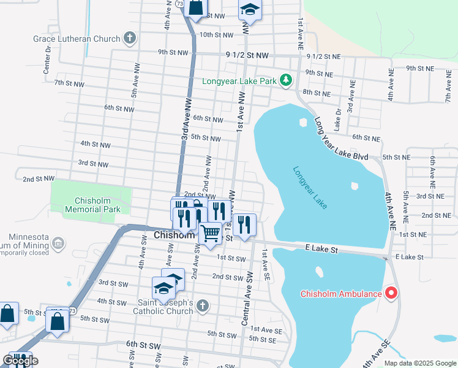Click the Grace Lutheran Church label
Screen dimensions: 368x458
point(77,39)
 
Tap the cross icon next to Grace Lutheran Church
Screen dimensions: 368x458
point(129,39)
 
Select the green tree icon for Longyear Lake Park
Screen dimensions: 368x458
point(285,80)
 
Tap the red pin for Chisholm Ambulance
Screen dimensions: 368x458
point(391,293)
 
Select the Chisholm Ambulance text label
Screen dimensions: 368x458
point(340,294)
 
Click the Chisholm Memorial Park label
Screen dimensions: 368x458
point(97,205)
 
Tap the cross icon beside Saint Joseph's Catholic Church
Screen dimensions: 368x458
point(203,306)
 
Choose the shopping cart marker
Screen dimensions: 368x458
point(210,233)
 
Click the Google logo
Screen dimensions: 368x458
point(20,361)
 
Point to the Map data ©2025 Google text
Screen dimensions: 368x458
point(419,363)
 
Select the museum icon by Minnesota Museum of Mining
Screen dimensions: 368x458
point(58,243)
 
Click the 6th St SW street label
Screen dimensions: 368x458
point(143,346)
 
